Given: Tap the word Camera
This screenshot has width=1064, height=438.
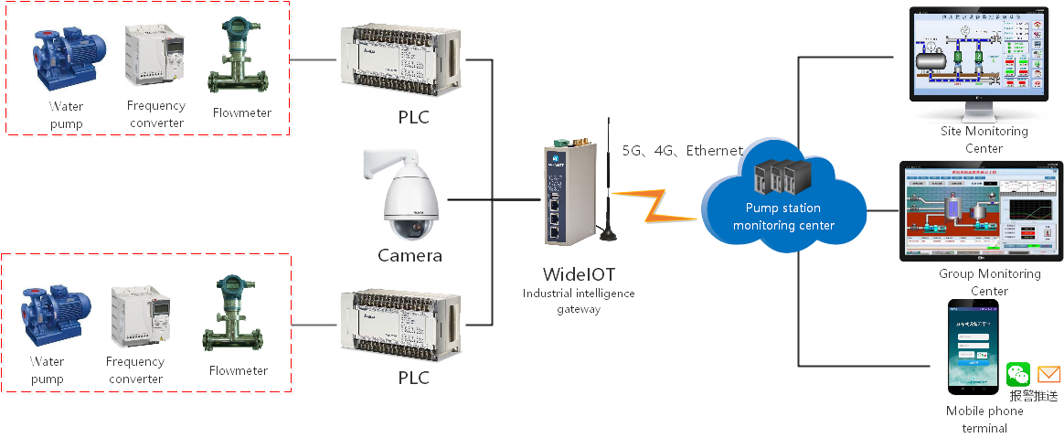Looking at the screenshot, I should point(410,256).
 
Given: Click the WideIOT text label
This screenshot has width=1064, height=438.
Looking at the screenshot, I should point(578,274).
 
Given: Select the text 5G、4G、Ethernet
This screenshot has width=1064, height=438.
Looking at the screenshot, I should point(682,151).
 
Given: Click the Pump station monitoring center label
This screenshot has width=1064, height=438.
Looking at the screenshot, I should point(783,218).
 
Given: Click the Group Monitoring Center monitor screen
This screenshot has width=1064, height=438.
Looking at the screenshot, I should point(983,211).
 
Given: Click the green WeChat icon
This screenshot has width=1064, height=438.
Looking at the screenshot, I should point(1018,374).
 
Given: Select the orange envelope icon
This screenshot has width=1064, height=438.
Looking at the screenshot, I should point(1049,374).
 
